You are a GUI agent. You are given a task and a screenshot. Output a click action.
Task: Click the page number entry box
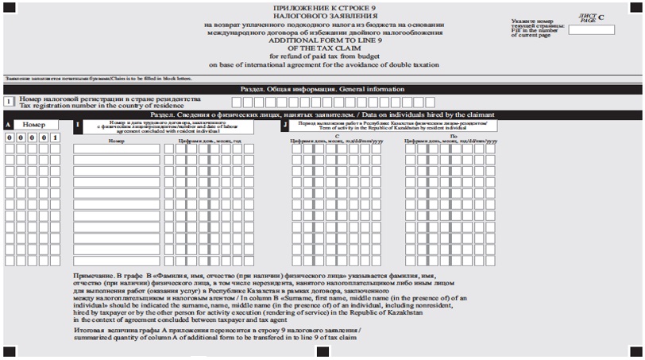591,29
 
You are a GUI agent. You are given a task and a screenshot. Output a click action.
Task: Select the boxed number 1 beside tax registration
10,102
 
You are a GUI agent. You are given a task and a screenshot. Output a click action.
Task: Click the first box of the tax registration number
236,102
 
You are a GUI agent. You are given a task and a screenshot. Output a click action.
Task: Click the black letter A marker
8,125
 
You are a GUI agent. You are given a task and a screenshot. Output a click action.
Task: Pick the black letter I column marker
78,125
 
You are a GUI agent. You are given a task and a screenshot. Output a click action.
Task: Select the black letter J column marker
284,125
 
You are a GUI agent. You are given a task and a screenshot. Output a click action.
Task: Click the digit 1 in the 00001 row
56,137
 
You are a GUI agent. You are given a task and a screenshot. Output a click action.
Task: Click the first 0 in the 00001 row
10,137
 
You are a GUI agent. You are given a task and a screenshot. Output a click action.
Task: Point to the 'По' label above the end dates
452,136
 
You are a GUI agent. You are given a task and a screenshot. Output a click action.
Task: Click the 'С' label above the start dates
338,136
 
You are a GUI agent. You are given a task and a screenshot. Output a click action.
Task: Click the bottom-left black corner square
10,350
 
